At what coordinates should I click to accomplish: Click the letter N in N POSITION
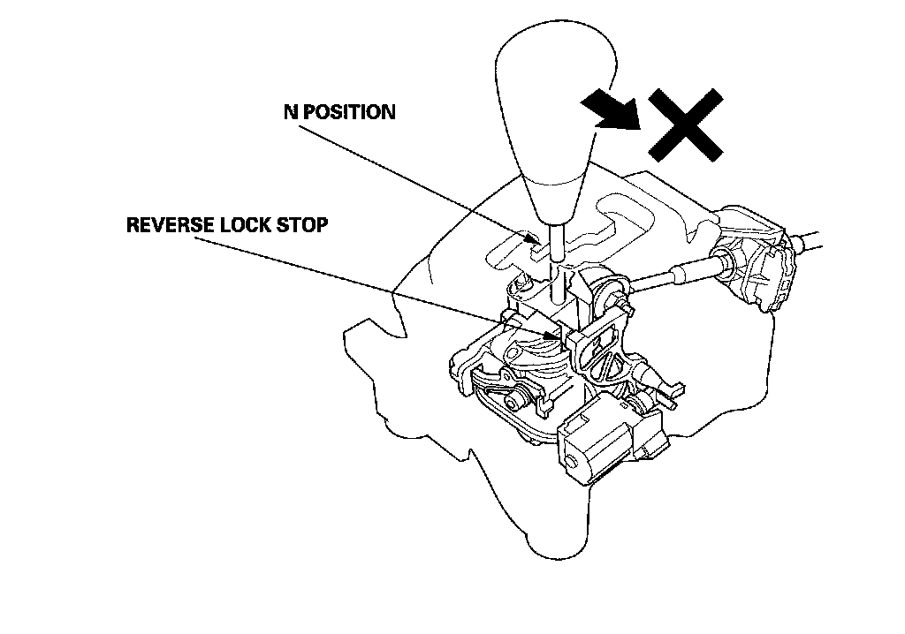pos(289,113)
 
